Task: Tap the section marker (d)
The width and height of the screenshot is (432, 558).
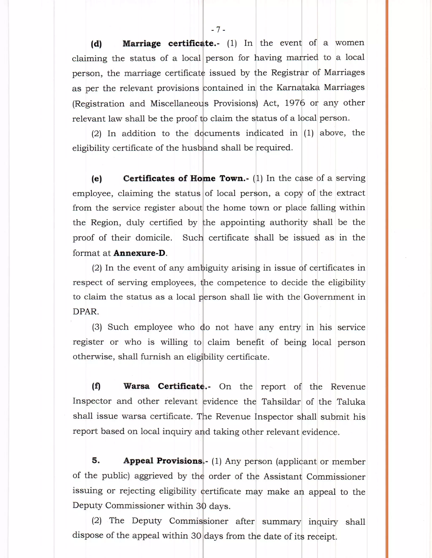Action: click(x=96, y=44)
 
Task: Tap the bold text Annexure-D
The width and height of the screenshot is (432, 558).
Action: click(x=140, y=253)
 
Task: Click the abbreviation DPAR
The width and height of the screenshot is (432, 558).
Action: click(x=85, y=312)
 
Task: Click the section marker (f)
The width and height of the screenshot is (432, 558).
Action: click(x=96, y=386)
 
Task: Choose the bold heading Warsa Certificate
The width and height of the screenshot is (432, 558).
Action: click(x=167, y=386)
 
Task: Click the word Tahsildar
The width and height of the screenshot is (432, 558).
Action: click(x=281, y=402)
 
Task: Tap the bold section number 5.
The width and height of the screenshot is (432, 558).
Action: click(x=96, y=460)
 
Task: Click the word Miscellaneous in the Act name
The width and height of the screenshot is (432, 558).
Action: click(x=179, y=103)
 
